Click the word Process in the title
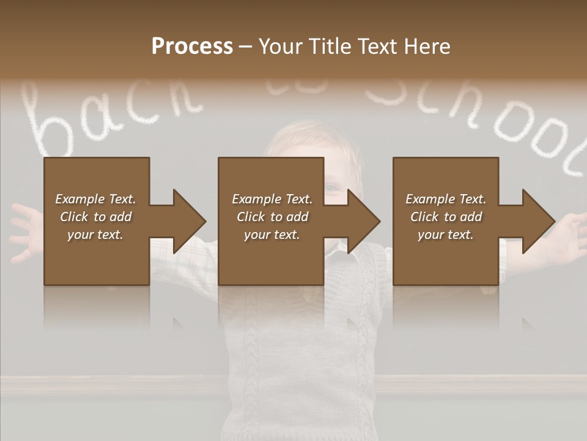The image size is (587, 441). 192,47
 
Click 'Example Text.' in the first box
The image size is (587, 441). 95,198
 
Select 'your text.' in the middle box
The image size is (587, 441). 271,235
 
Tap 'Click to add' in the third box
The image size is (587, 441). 446,217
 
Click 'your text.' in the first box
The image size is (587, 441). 95,235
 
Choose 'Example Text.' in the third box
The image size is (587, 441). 446,198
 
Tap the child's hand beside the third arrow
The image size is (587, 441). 569,236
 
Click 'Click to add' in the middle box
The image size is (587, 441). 271,217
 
